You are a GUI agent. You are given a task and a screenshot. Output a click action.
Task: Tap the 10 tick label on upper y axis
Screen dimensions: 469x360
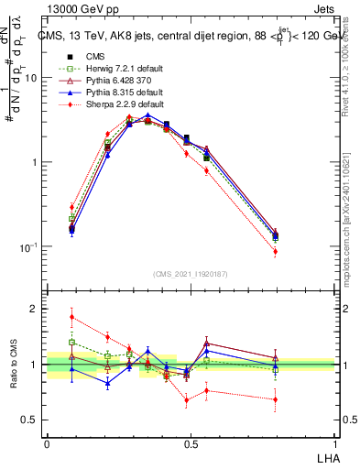pos(30,78)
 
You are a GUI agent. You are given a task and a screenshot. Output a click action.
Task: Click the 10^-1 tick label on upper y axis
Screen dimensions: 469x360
pos(27,247)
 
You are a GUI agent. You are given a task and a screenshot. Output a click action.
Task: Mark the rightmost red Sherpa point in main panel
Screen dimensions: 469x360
pos(301,252)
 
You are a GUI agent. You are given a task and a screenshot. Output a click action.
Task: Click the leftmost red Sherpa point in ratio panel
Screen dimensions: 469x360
pos(71,318)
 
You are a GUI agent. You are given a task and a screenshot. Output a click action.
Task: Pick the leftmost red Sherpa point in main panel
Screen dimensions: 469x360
pos(71,207)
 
